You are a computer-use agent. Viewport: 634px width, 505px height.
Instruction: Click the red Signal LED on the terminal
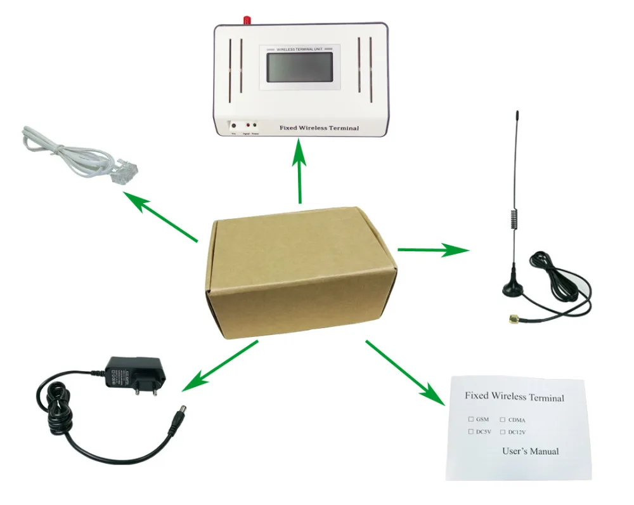point(247,126)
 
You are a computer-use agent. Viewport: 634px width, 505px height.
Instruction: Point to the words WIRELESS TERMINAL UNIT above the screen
point(301,48)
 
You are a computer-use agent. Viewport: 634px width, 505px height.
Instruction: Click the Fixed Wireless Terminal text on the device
point(319,128)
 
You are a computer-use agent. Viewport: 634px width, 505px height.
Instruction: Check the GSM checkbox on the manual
point(471,419)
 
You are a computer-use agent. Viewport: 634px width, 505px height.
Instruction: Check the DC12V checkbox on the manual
point(502,432)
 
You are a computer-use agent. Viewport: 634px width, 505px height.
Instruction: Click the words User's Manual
point(530,451)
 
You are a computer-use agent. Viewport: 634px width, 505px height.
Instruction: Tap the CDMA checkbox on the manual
point(502,419)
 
